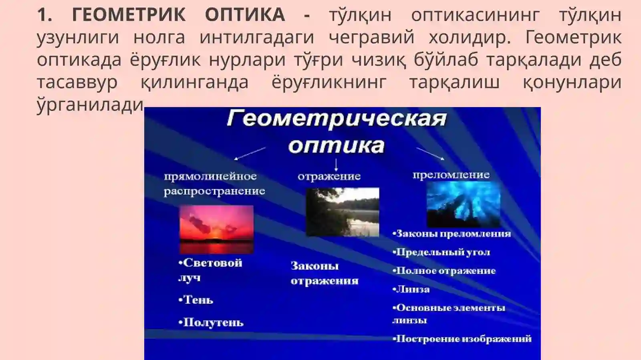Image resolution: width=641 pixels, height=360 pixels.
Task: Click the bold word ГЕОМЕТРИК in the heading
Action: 129,15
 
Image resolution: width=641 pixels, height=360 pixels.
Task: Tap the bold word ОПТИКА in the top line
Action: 245,15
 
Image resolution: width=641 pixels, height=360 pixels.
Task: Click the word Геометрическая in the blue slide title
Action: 337,119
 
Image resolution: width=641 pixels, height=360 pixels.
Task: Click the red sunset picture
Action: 216,229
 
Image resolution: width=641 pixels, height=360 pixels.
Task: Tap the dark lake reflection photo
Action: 343,212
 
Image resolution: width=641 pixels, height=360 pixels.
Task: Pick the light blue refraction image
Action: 464,204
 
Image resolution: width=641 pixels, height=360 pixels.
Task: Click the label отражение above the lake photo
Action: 329,176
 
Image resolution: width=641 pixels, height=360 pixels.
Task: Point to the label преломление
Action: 451,175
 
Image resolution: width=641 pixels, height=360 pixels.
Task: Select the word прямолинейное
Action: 210,176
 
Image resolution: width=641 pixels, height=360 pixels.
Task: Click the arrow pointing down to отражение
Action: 336,165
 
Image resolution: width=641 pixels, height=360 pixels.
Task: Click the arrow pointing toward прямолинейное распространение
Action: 249,154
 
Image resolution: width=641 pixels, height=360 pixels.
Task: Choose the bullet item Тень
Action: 196,300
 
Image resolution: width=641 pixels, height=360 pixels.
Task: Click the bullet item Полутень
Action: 211,323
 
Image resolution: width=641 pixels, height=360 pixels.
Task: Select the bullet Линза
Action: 411,289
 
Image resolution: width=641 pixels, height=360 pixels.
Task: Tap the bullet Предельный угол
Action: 441,252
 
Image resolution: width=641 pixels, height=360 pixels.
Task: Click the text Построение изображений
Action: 462,339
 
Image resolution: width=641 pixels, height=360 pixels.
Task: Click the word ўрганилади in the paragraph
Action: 90,105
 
